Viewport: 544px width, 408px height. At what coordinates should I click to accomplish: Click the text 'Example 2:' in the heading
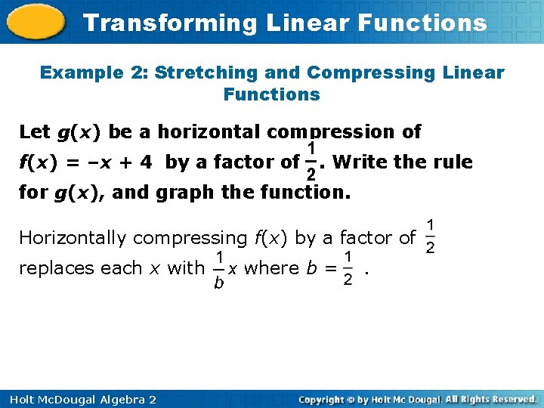click(94, 73)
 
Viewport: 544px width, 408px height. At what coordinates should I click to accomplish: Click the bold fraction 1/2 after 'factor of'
click(311, 162)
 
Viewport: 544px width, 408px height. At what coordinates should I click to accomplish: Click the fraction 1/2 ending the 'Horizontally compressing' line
click(430, 237)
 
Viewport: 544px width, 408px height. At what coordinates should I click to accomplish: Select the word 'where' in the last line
click(270, 268)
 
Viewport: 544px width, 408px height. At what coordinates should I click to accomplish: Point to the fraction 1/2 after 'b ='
click(348, 268)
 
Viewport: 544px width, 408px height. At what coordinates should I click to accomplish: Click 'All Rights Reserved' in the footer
click(490, 399)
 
